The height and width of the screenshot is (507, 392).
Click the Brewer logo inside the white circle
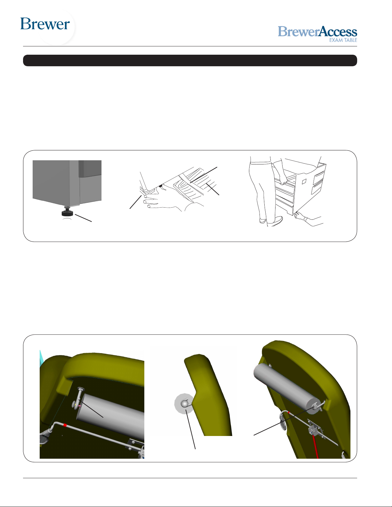click(x=45, y=24)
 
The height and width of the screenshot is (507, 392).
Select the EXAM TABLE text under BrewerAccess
click(x=343, y=40)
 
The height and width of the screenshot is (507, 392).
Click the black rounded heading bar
click(x=190, y=60)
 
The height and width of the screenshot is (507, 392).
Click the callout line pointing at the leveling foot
click(x=83, y=218)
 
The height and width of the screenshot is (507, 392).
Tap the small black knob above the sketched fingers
click(x=160, y=186)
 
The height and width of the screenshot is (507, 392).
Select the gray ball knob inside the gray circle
click(x=185, y=404)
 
